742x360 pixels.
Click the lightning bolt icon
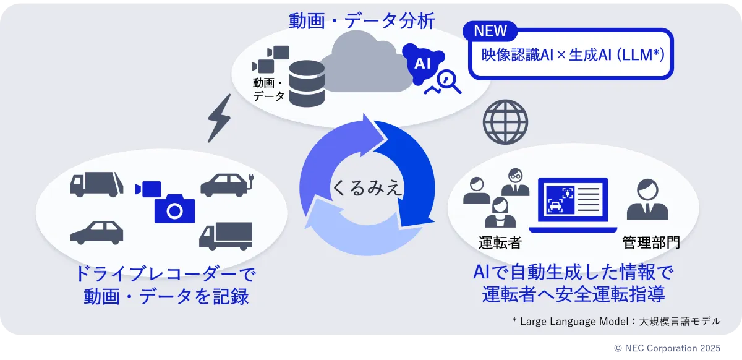point(219,117)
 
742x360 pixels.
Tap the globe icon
point(505,122)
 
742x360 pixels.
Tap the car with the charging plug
point(226,185)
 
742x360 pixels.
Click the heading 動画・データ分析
point(362,21)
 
